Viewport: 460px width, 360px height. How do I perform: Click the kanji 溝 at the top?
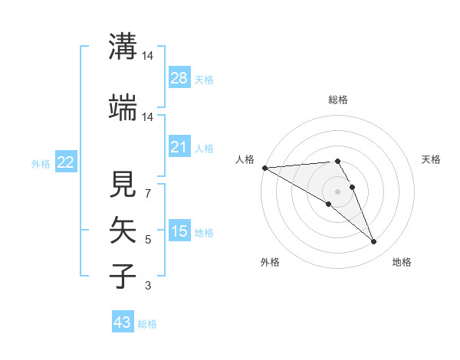123,47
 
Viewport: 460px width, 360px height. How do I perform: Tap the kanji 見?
123,184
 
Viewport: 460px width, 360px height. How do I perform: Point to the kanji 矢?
123,229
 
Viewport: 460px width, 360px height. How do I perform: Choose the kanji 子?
123,275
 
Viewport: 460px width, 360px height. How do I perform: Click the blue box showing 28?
179,78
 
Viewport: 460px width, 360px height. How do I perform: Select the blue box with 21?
179,147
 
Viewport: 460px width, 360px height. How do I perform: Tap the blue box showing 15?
179,231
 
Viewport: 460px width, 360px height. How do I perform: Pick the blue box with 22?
66,162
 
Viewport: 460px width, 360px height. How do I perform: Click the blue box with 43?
123,322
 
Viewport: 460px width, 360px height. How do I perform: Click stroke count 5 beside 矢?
148,240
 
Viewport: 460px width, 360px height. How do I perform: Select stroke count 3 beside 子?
148,286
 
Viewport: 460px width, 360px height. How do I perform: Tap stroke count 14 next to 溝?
148,56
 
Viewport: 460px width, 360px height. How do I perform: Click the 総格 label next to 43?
147,324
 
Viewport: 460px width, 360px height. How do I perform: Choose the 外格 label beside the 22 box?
41,163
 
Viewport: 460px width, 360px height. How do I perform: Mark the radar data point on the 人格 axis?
264,168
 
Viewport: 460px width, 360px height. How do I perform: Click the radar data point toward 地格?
374,242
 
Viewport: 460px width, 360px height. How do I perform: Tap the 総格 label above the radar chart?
338,100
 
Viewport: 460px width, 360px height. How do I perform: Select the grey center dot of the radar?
338,191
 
